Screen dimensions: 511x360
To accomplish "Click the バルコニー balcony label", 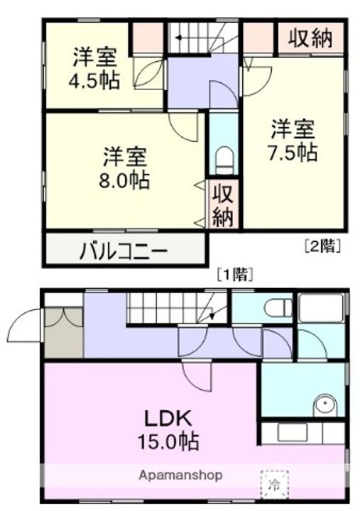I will point(122,251).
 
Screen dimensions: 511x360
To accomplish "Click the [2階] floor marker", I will point(323,247).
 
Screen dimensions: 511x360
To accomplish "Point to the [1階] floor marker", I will point(235,274).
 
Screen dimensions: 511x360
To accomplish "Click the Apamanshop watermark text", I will point(180,475).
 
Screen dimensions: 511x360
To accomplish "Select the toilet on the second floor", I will point(224,158).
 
